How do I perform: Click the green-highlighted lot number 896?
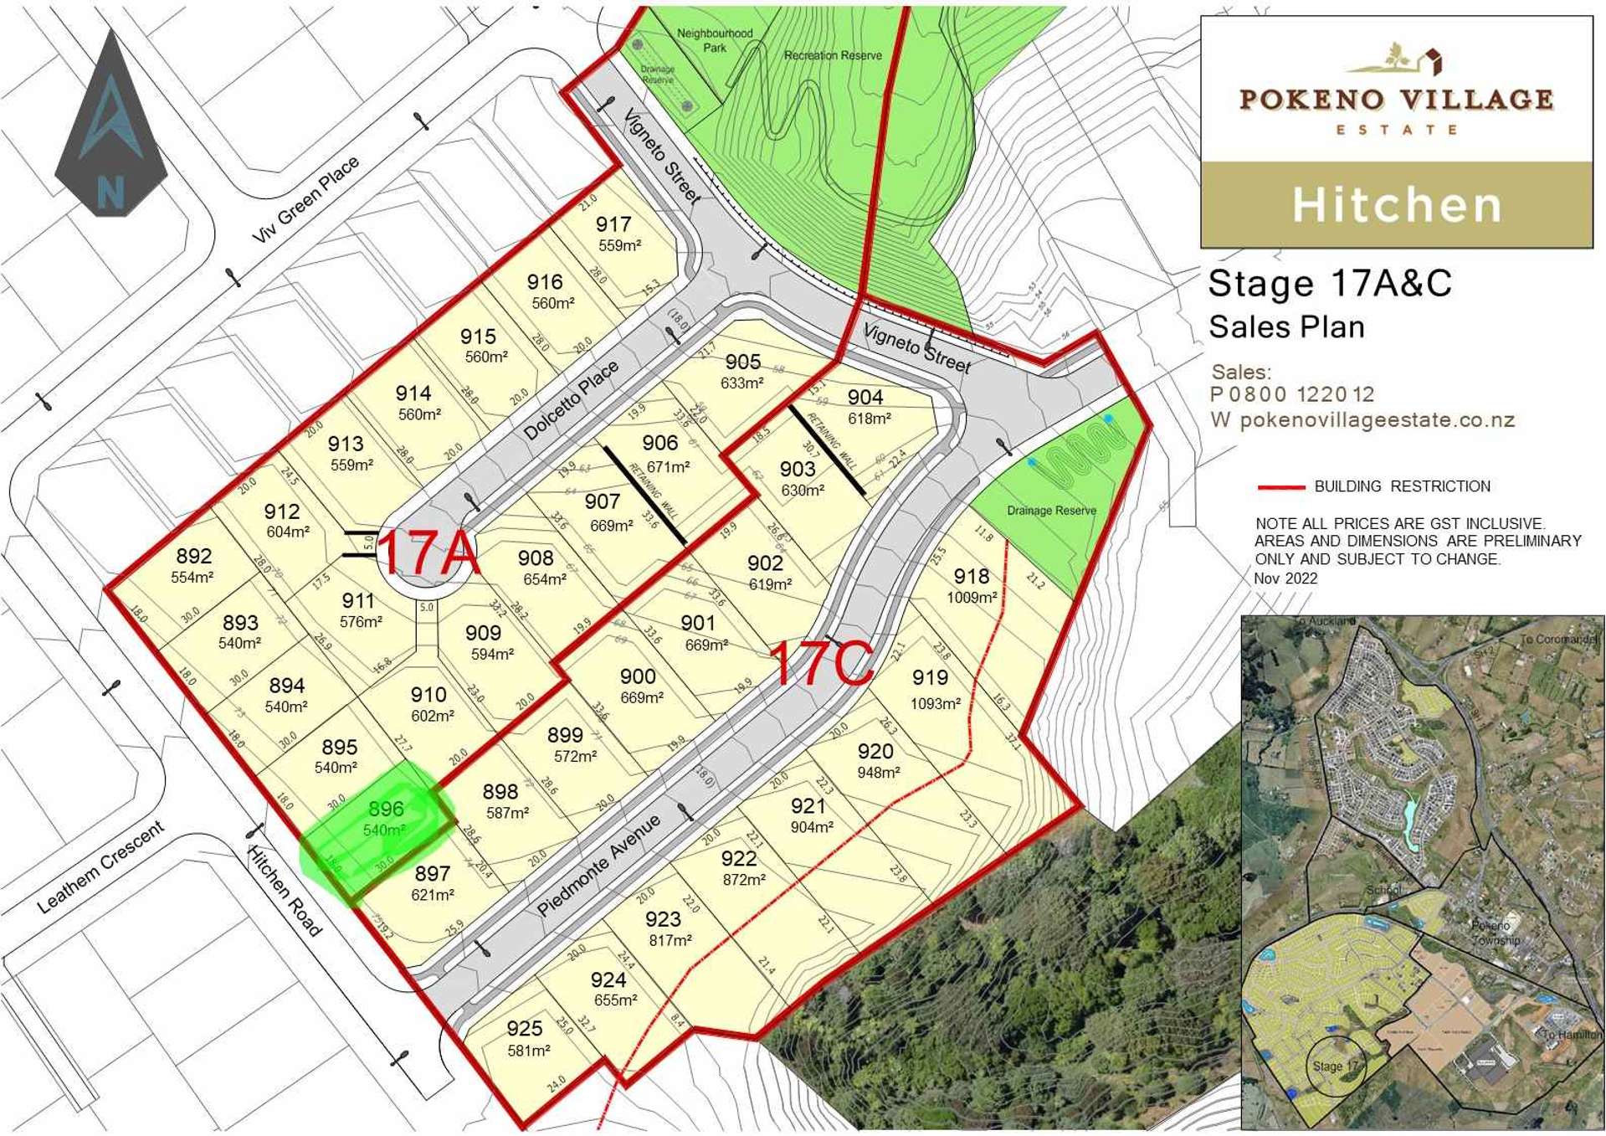(x=386, y=809)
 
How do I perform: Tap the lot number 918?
(x=971, y=576)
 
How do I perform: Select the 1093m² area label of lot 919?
(x=935, y=704)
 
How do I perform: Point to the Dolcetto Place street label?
(x=571, y=401)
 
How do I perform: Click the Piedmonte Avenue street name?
(x=598, y=865)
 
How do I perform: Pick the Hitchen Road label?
(x=285, y=890)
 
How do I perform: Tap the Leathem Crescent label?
(x=100, y=867)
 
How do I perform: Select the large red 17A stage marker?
(x=428, y=553)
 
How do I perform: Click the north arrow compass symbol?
(x=111, y=126)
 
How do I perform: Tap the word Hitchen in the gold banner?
(x=1397, y=205)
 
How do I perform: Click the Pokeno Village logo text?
(x=1396, y=100)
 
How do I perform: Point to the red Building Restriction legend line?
(x=1280, y=486)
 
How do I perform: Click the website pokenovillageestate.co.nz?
(x=1377, y=420)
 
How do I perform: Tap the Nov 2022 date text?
(x=1285, y=578)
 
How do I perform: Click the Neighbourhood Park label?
(x=715, y=40)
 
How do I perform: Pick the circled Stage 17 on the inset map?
(x=1336, y=1066)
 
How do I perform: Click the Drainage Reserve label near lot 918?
(x=1051, y=511)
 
